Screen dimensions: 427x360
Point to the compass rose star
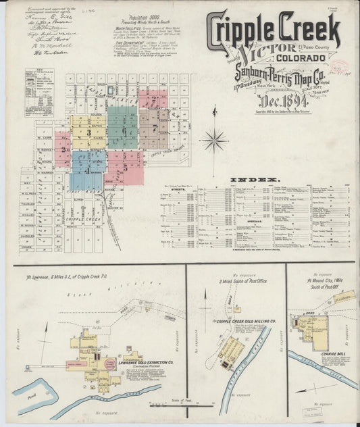pos(215,141)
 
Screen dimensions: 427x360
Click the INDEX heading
pos(254,180)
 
